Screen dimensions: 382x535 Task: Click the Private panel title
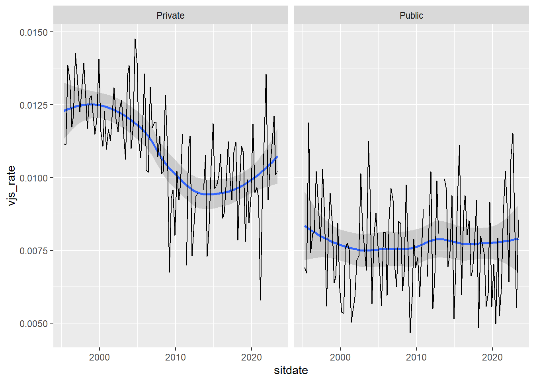tap(170, 16)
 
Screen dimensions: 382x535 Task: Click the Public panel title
tap(411, 16)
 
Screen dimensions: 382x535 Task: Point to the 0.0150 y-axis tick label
tap(34, 32)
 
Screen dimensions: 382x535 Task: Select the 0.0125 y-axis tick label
tap(34, 105)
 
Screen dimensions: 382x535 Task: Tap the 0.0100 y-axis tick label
tap(34, 178)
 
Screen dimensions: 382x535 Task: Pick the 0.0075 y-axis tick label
tap(34, 251)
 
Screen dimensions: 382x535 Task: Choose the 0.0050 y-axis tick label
tap(34, 324)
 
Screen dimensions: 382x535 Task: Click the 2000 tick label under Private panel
tap(100, 357)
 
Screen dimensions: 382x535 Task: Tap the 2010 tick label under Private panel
tap(176, 357)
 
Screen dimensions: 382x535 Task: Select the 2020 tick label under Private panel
tap(252, 357)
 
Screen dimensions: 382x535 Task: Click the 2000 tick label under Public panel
tap(340, 357)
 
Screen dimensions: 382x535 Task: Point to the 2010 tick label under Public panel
tap(416, 357)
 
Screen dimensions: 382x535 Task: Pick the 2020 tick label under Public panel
tap(492, 357)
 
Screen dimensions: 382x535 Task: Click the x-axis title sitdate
tap(291, 370)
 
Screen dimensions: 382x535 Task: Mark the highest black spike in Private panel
tap(135, 39)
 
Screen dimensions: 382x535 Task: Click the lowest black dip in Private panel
tap(260, 300)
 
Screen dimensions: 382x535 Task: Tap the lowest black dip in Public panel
tap(410, 332)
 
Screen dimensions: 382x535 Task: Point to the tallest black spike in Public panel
tap(309, 123)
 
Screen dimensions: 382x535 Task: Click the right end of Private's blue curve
tap(277, 157)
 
